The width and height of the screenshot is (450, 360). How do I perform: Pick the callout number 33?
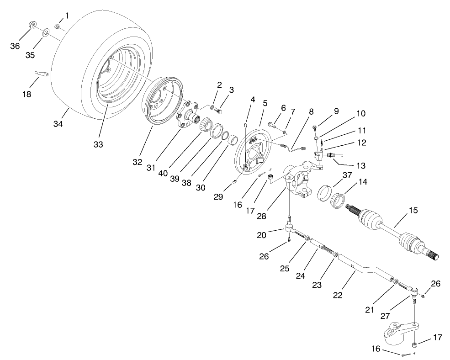pos(98,144)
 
